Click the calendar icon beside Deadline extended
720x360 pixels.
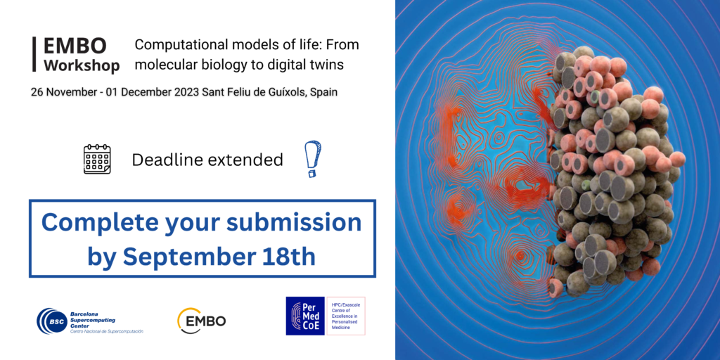[97, 159]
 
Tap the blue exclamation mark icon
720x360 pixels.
[312, 158]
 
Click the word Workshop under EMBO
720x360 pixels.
[81, 65]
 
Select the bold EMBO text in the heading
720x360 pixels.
[75, 46]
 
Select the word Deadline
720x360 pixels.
[166, 160]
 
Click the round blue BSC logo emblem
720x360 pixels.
[51, 321]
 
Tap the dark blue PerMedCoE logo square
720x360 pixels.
[305, 316]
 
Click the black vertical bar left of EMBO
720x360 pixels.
[34, 54]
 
